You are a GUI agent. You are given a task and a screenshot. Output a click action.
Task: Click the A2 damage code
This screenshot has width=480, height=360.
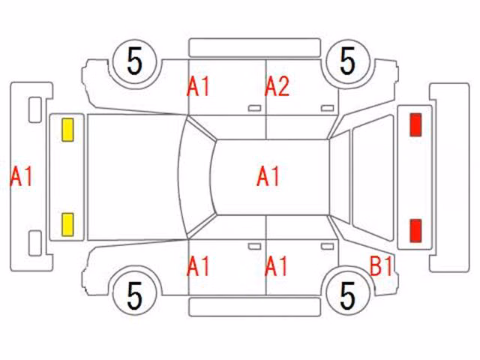pyautogui.click(x=277, y=87)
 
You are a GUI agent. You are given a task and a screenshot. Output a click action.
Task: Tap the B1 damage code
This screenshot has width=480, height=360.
pyautogui.click(x=381, y=266)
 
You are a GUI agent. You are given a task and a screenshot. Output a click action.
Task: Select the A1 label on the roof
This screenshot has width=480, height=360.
pyautogui.click(x=268, y=176)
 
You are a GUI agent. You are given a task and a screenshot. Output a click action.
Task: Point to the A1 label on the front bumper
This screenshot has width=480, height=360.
pyautogui.click(x=22, y=176)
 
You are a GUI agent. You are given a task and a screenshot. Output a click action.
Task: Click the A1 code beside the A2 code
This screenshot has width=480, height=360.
pyautogui.click(x=198, y=87)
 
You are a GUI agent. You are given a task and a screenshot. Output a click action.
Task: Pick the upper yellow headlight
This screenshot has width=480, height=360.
pyautogui.click(x=67, y=130)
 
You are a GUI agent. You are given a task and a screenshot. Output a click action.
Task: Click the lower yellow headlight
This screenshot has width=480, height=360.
pyautogui.click(x=67, y=225)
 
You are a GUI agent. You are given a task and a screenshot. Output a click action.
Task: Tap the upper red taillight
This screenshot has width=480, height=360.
pyautogui.click(x=415, y=124)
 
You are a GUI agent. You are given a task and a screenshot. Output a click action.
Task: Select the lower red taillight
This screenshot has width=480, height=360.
pyautogui.click(x=415, y=230)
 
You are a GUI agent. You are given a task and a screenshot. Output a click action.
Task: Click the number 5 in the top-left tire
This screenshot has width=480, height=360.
pyautogui.click(x=135, y=61)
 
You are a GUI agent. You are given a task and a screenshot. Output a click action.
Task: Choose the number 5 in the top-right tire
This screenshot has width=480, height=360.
pyautogui.click(x=347, y=61)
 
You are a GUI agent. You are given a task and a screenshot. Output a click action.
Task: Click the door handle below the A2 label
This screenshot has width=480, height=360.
pyautogui.click(x=327, y=108)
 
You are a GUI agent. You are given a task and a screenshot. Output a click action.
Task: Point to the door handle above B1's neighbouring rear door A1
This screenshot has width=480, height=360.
pyautogui.click(x=327, y=247)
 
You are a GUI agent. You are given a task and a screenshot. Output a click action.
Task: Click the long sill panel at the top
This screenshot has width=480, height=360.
pyautogui.click(x=255, y=47)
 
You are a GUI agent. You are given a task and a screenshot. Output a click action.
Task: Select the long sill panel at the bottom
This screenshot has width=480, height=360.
pyautogui.click(x=255, y=307)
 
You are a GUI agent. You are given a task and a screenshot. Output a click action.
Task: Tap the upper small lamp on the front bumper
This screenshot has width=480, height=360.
pyautogui.click(x=35, y=109)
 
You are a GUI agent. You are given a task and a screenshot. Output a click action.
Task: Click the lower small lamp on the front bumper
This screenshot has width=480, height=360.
pyautogui.click(x=35, y=243)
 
